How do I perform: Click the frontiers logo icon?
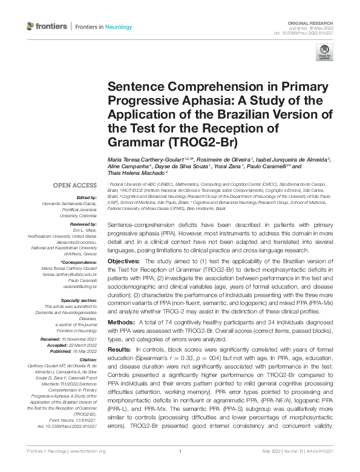(31, 27)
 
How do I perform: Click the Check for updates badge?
(324, 51)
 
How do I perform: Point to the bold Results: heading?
(119, 351)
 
